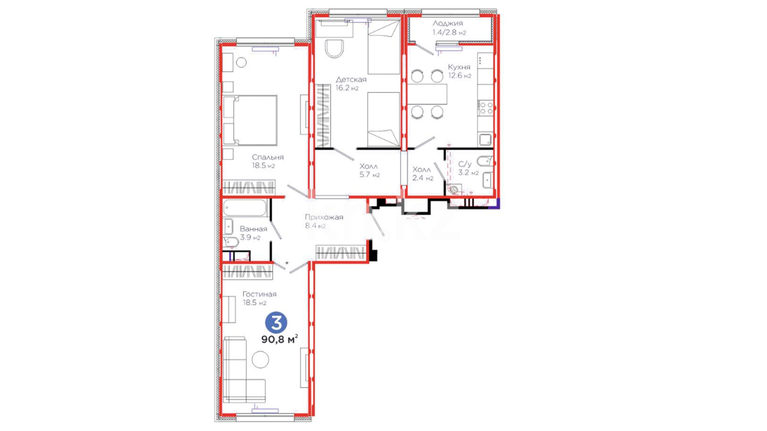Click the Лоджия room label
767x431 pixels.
tap(447, 24)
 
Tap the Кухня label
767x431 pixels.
tap(459, 67)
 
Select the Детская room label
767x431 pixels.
tap(351, 79)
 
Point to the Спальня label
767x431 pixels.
tap(268, 157)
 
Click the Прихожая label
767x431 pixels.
tap(324, 217)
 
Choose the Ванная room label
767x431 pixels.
tap(253, 229)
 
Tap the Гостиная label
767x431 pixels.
tap(259, 294)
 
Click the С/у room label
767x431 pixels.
tap(465, 164)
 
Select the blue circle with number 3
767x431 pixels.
tap(276, 323)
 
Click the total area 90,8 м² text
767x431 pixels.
tap(280, 339)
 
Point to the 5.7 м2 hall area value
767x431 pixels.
tap(370, 174)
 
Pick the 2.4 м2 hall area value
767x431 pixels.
tap(423, 178)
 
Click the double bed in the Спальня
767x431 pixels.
tap(250, 120)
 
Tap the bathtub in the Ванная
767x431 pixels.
tap(245, 208)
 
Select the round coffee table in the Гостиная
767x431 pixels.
tap(260, 359)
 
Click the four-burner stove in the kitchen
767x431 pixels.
tap(486, 108)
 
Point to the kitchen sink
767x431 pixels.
tap(485, 140)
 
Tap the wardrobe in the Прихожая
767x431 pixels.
tap(341, 253)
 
